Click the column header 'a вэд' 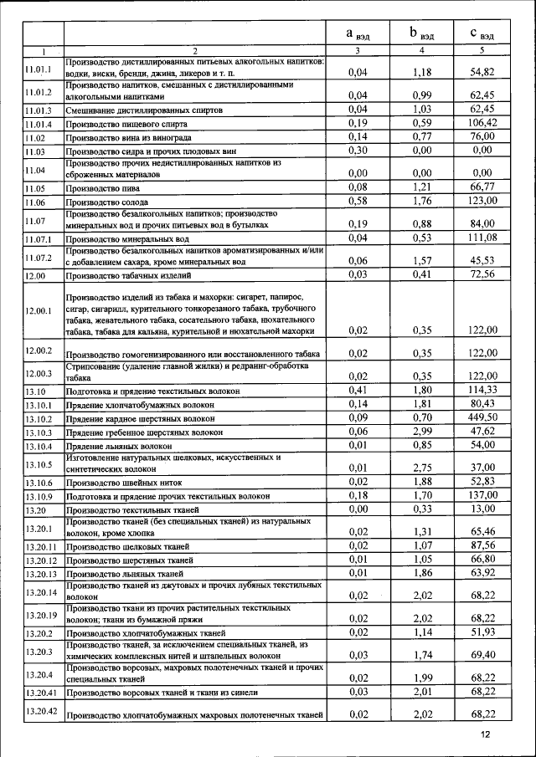tap(358, 34)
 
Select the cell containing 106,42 tap(482, 123)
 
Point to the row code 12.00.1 tap(39, 310)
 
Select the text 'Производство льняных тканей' tap(125, 574)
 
